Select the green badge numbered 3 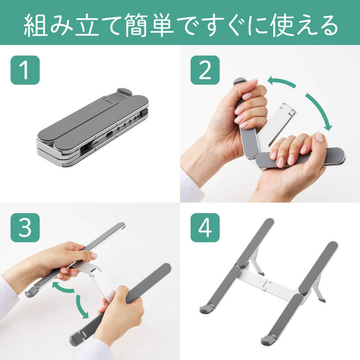point(24,228)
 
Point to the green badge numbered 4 point(205,228)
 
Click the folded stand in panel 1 point(92,128)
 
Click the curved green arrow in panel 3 point(74,299)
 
